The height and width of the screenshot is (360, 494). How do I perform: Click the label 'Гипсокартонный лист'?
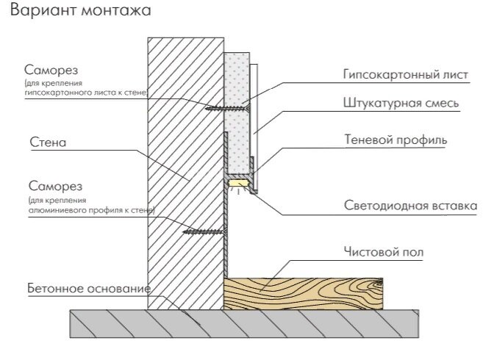click(405, 75)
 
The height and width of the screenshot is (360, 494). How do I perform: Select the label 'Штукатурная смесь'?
click(401, 104)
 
